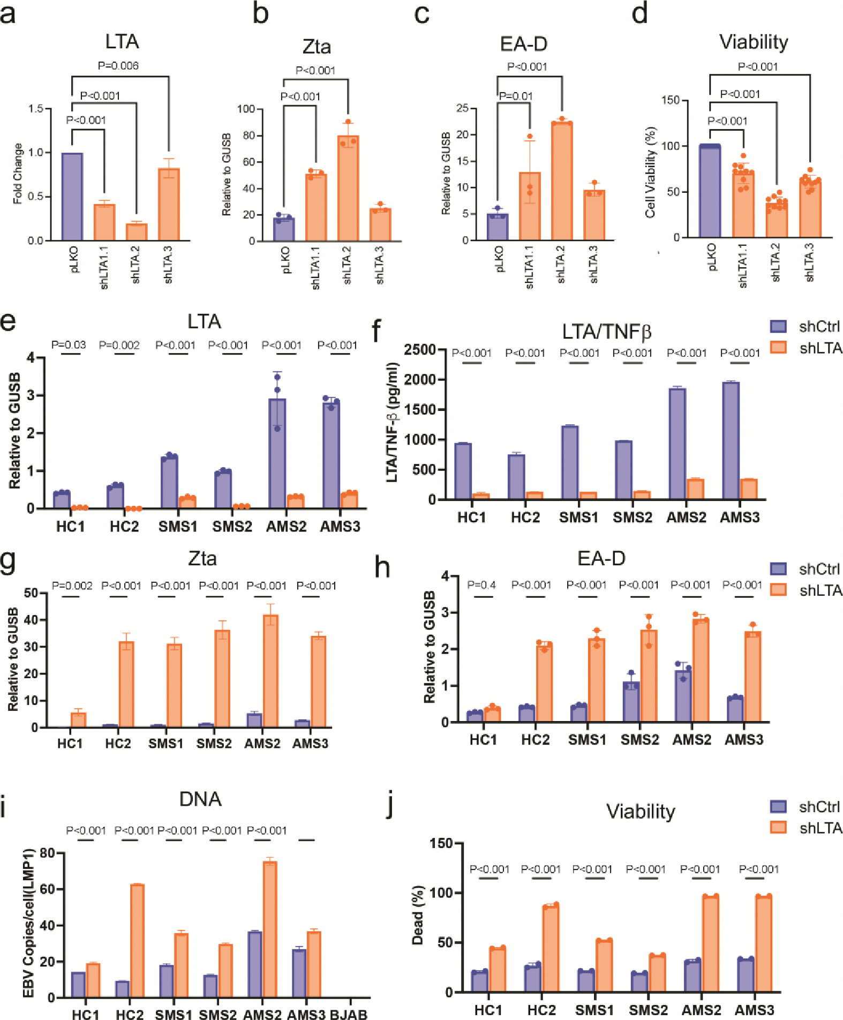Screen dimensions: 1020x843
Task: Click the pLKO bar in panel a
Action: click(x=72, y=197)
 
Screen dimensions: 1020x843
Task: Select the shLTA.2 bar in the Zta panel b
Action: click(x=348, y=188)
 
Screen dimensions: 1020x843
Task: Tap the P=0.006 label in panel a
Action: click(x=118, y=66)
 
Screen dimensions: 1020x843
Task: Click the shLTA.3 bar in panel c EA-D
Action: click(x=594, y=215)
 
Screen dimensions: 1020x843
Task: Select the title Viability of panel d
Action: click(x=753, y=42)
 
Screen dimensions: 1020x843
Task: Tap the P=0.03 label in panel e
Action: click(x=69, y=345)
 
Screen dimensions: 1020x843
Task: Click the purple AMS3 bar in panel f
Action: click(x=731, y=440)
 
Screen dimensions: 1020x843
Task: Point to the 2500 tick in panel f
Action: click(x=420, y=350)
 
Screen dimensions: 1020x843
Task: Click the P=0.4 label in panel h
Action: click(x=481, y=585)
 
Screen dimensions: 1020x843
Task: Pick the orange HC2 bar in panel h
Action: click(x=544, y=683)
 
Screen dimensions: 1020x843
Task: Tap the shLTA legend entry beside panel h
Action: click(x=806, y=590)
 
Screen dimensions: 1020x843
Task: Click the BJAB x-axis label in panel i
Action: click(x=349, y=1014)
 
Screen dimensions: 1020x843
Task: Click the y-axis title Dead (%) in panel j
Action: click(x=418, y=914)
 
